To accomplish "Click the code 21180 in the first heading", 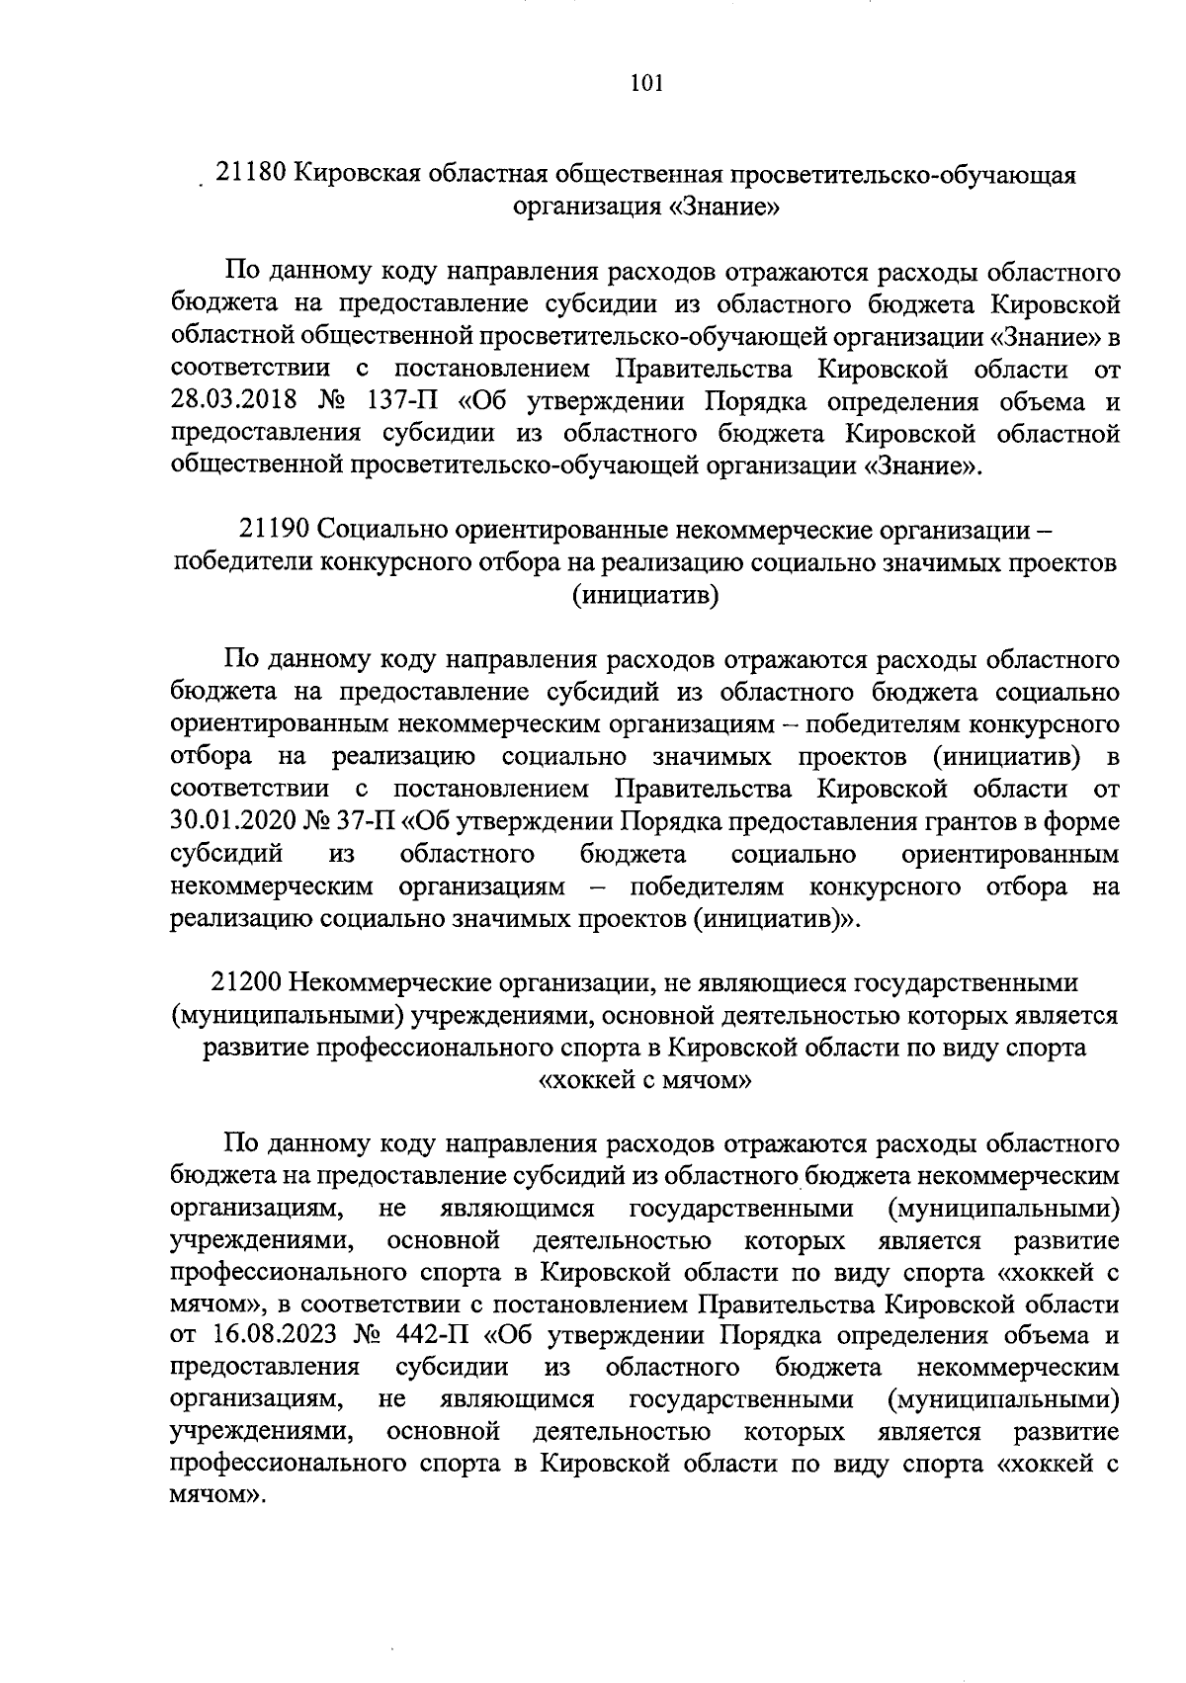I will (251, 174).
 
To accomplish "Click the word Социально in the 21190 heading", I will (381, 532).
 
